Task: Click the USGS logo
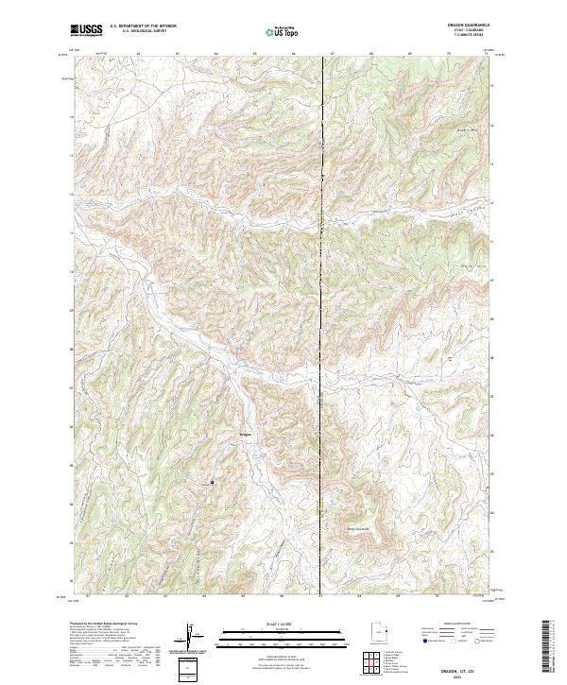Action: tap(87, 30)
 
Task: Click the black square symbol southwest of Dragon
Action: tap(212, 483)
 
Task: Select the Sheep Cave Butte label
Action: tap(360, 528)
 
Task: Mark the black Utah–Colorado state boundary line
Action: tap(321, 283)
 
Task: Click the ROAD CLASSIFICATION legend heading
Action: tap(454, 625)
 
